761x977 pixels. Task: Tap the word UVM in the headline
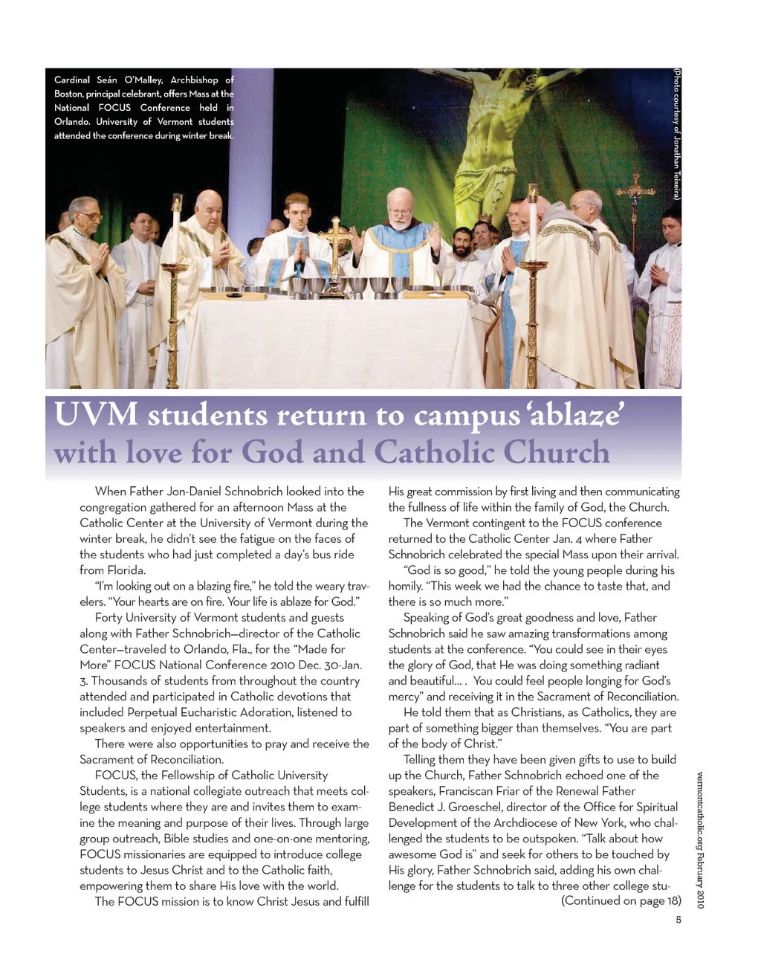[96, 414]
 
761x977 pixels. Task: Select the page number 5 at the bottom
[679, 920]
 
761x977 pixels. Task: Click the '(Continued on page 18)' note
[621, 901]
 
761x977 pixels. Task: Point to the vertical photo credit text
[677, 134]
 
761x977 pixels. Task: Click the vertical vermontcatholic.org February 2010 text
[700, 840]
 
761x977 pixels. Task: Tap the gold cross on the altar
[335, 238]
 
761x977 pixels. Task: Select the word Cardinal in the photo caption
[72, 80]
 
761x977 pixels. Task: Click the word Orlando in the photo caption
[71, 122]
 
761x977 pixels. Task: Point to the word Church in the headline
[556, 452]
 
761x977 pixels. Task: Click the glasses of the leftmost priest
[89, 216]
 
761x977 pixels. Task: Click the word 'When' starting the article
[110, 491]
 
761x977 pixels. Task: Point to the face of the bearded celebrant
[400, 216]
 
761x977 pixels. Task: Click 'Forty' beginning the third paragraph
[109, 618]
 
